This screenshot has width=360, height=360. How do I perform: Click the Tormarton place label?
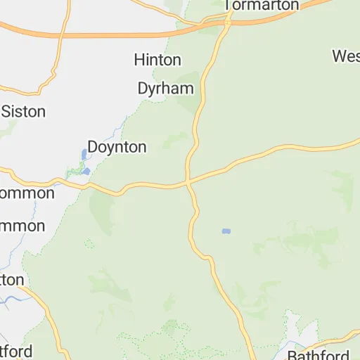262,5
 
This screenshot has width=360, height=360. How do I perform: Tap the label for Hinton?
157,60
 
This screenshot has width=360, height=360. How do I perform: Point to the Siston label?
24,111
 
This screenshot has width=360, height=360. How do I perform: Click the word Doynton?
117,147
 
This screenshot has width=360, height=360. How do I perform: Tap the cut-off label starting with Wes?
346,56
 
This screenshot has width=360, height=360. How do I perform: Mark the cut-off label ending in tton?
12,280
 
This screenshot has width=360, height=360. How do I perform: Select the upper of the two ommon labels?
27,193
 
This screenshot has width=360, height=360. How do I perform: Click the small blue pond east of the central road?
226,231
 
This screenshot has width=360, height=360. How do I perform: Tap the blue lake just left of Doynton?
84,153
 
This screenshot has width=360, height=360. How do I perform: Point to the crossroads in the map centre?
189,182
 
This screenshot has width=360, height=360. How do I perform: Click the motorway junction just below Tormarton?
228,22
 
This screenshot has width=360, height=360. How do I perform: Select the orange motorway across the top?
105,32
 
